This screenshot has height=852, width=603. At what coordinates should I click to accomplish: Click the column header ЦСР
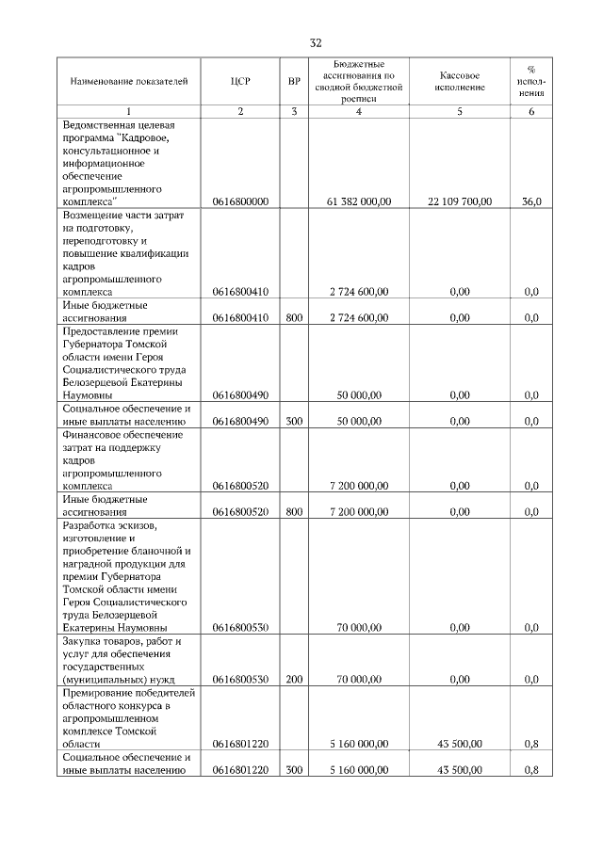click(240, 82)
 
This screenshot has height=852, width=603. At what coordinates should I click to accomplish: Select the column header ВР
click(294, 82)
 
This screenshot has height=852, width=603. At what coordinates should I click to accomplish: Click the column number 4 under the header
click(358, 112)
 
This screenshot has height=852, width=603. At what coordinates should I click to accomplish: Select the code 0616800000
click(240, 201)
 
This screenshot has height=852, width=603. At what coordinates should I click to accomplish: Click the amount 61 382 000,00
click(358, 201)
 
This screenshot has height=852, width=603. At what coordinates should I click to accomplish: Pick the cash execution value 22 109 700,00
click(460, 201)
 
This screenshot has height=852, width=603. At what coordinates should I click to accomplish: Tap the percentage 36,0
click(531, 201)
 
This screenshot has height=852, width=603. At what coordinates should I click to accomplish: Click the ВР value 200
click(294, 679)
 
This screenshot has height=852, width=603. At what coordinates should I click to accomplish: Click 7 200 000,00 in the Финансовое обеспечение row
click(358, 486)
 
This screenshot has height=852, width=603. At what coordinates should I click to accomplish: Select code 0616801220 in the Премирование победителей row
click(240, 744)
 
